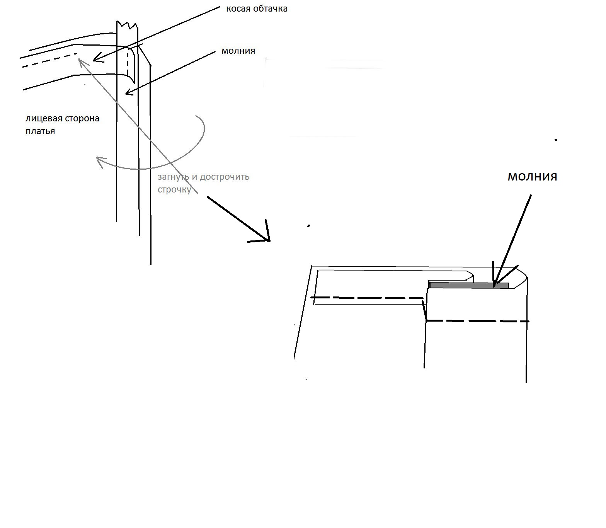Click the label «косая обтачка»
[x=257, y=9]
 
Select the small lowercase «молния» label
[x=238, y=51]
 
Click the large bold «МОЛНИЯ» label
[x=532, y=177]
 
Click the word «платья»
[x=40, y=131]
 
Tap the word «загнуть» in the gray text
[x=174, y=177]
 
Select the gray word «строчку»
[x=174, y=190]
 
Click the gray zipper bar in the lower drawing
[x=469, y=286]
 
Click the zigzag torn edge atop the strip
[x=127, y=25]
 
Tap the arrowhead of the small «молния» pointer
[x=127, y=93]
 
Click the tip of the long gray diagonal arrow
[x=79, y=59]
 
